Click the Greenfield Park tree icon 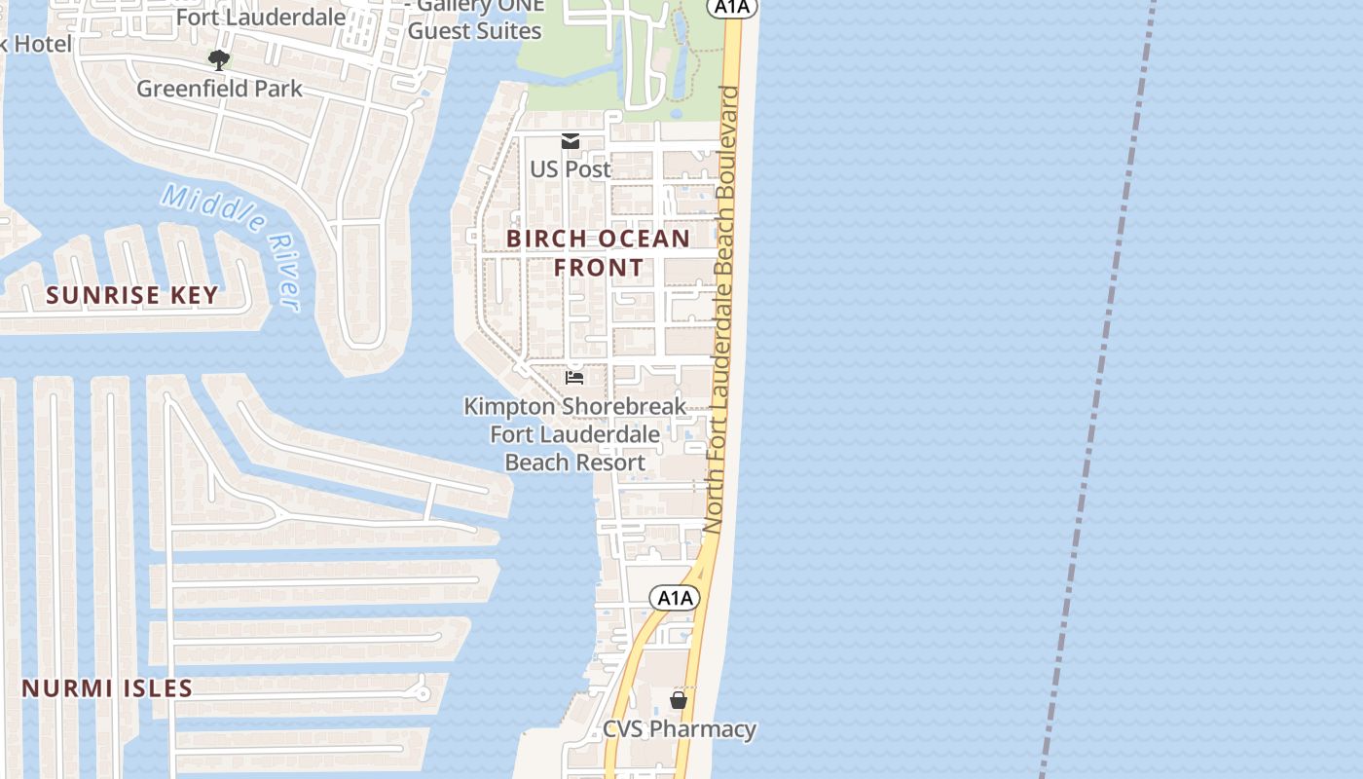click(219, 60)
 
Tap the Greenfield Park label click(219, 89)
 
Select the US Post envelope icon click(571, 142)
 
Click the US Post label click(571, 168)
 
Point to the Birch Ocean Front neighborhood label click(599, 252)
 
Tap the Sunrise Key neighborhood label click(132, 295)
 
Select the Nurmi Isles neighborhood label click(107, 688)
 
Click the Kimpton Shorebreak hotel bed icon click(574, 377)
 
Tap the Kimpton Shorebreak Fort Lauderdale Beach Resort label click(574, 433)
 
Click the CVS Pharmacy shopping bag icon click(679, 699)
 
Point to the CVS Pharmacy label click(679, 729)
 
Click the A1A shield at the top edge click(732, 8)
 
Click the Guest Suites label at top click(474, 30)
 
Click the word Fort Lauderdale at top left click(260, 17)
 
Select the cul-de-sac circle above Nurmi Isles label click(423, 693)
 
